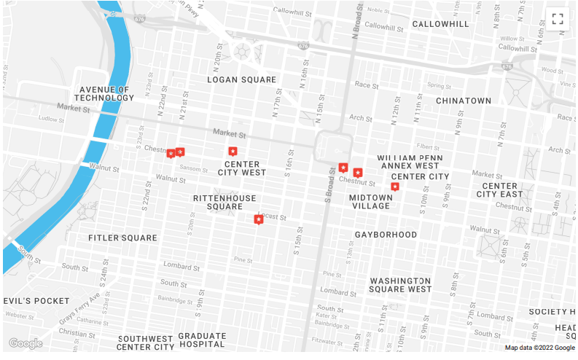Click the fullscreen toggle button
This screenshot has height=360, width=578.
click(x=558, y=19)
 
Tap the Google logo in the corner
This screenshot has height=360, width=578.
click(x=26, y=343)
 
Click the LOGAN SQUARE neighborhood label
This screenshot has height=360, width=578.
click(x=242, y=79)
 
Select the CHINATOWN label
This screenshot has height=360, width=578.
click(x=464, y=100)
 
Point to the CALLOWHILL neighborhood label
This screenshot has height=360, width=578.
click(x=441, y=24)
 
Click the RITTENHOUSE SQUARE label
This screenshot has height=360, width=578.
click(x=224, y=203)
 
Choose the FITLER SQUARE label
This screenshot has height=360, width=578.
click(x=122, y=238)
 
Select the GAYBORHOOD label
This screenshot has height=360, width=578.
click(x=386, y=235)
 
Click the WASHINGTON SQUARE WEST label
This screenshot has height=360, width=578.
click(x=400, y=284)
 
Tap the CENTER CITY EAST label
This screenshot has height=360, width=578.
click(x=500, y=190)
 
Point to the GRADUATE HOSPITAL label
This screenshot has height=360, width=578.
click(x=202, y=341)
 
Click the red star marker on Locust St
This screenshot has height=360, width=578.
click(x=258, y=219)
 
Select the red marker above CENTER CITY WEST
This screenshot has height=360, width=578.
click(x=233, y=152)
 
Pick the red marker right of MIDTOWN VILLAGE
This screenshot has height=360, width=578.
click(x=395, y=187)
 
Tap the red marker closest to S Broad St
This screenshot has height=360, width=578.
click(x=343, y=168)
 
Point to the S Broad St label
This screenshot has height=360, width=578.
click(x=328, y=185)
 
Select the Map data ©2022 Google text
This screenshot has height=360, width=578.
click(x=539, y=348)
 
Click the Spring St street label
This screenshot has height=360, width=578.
click(x=440, y=86)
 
